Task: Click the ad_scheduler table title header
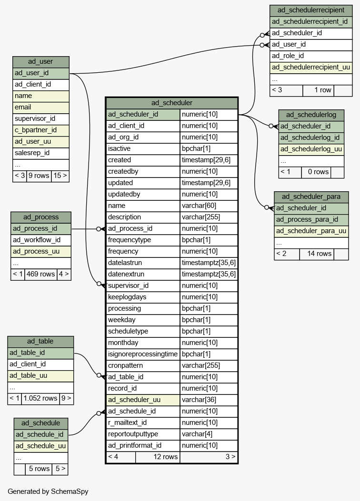pyautogui.click(x=172, y=103)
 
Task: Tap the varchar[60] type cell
pyautogui.click(x=209, y=206)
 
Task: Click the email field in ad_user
pyautogui.click(x=41, y=108)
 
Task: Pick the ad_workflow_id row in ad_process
pyautogui.click(x=41, y=240)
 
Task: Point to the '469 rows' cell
pyautogui.click(x=40, y=274)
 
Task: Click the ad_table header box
pyautogui.click(x=40, y=341)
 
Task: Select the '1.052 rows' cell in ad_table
pyautogui.click(x=40, y=398)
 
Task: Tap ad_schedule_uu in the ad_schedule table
pyautogui.click(x=41, y=446)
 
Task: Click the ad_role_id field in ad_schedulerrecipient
pyautogui.click(x=311, y=56)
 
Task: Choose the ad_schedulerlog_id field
pyautogui.click(x=311, y=138)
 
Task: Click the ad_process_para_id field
pyautogui.click(x=311, y=219)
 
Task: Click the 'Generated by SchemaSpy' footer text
pyautogui.click(x=48, y=491)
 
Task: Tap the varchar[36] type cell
pyautogui.click(x=209, y=400)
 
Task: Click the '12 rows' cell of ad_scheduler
pyautogui.click(x=158, y=457)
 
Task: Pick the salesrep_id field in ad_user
pyautogui.click(x=41, y=153)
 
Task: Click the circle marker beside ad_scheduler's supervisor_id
pyautogui.click(x=99, y=284)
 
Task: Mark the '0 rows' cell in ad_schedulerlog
pyautogui.click(x=316, y=172)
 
